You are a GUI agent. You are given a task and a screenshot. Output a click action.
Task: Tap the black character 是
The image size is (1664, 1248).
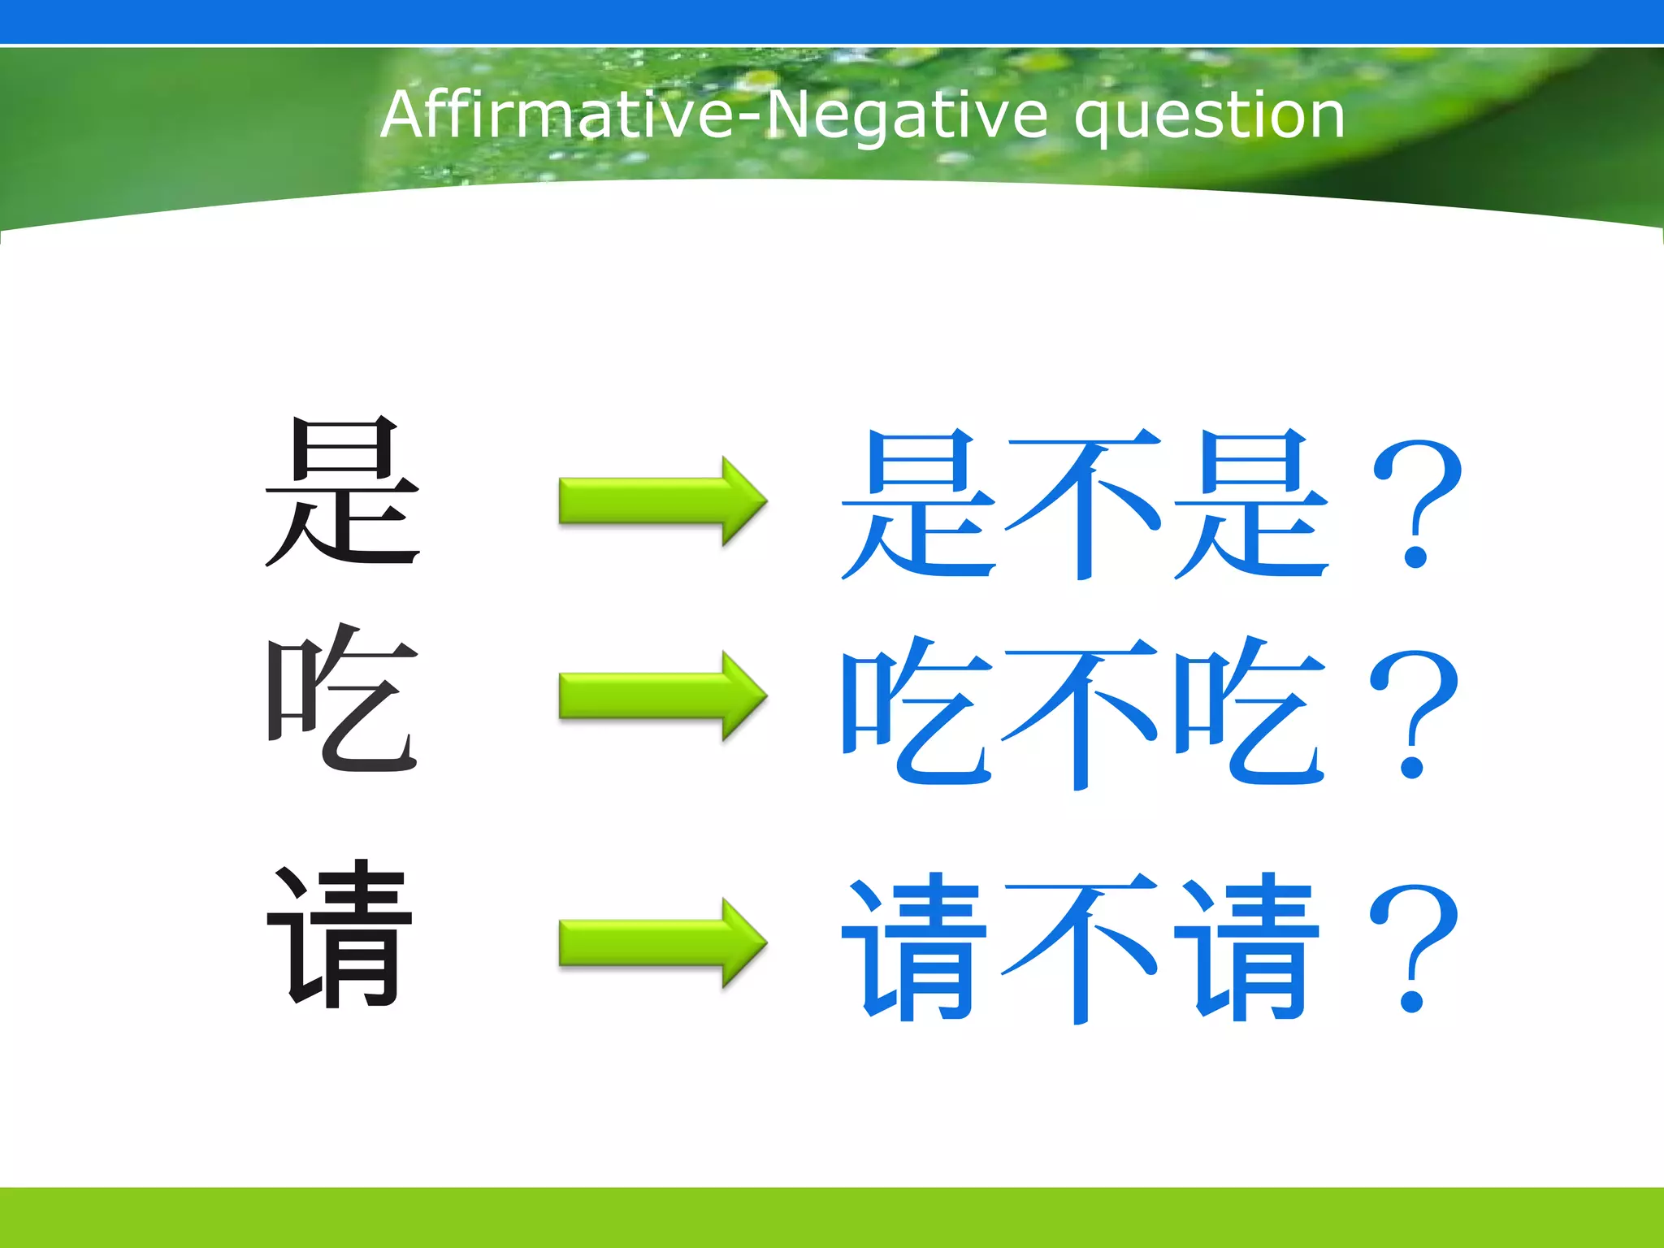click(343, 492)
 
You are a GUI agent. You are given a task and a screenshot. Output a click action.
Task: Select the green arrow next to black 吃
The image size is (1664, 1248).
click(662, 695)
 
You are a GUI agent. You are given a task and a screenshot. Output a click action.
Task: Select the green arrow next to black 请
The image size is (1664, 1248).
click(662, 943)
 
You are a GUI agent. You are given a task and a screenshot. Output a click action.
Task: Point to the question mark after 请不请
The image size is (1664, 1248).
click(1414, 947)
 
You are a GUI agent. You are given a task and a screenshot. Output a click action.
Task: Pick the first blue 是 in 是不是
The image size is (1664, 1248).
click(918, 504)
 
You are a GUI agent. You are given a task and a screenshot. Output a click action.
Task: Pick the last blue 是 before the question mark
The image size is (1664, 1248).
click(1251, 504)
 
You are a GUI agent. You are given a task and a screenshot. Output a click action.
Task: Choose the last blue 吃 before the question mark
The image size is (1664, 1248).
click(1251, 712)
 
